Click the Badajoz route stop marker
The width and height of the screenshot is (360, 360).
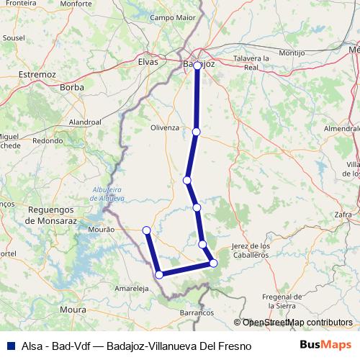(197, 66)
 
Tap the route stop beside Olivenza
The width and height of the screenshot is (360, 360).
(196, 132)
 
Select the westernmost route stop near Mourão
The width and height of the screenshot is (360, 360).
(146, 230)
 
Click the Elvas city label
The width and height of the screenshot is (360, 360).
(148, 63)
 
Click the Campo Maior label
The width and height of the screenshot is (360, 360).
(172, 17)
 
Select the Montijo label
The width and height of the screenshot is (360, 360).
(271, 53)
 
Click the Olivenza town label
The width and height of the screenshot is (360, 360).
(164, 127)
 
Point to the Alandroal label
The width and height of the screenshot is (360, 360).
(85, 122)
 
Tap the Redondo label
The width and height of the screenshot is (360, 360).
(48, 141)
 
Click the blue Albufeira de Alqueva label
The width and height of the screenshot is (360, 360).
(109, 194)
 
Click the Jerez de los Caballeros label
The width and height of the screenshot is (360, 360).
(251, 251)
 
